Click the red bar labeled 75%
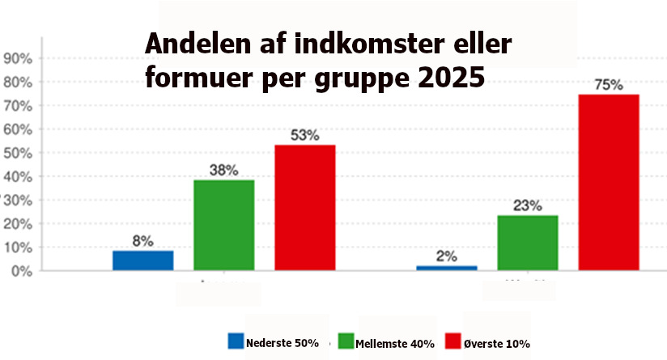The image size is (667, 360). pos(609,182)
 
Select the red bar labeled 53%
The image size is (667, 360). pos(305,207)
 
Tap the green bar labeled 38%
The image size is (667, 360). pos(224,225)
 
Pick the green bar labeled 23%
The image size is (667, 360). pos(528,243)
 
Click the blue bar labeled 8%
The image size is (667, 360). pos(143,260)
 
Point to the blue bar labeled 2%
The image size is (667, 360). pos(447,268)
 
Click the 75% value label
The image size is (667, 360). pos(609,85)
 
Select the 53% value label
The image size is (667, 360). pos(305,135)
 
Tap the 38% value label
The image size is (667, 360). pos(224,170)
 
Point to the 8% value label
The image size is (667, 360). pos(143,240)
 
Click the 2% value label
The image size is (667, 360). pos(447,256)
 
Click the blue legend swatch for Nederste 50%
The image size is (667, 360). pos(236,342)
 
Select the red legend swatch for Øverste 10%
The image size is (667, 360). pos(452,342)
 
